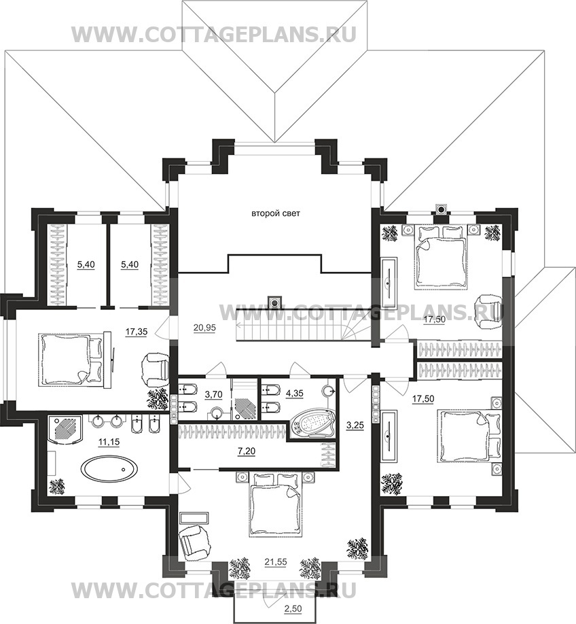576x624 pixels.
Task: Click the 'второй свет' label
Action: coord(276,213)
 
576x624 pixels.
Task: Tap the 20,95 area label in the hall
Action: coord(204,328)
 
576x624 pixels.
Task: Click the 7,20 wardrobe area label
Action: coord(247,451)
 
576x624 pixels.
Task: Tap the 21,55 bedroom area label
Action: coord(276,562)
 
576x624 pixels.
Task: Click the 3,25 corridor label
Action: coord(355,426)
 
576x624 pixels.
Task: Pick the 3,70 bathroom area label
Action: coord(213,395)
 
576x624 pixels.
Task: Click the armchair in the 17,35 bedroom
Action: coord(156,370)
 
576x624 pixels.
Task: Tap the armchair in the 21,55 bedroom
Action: coord(194,539)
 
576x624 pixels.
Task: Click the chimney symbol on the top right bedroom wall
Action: coord(441,209)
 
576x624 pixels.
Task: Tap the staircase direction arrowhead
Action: coord(238,325)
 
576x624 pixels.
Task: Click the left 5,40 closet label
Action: coord(86,264)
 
